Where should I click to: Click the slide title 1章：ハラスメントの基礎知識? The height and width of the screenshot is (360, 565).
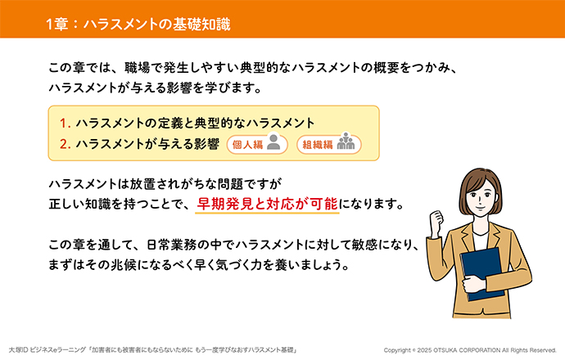[138, 24]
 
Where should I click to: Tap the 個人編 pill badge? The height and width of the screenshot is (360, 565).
[257, 144]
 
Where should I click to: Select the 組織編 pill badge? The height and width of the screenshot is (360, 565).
[328, 144]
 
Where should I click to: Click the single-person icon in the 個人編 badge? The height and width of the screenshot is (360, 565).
[273, 142]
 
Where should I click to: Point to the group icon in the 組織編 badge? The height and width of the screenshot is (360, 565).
[346, 141]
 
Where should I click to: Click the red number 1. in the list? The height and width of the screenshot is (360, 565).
[65, 124]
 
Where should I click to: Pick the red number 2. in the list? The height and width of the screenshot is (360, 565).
[65, 144]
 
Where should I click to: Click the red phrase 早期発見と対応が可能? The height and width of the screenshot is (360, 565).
[267, 204]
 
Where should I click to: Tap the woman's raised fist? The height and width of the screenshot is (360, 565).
[436, 221]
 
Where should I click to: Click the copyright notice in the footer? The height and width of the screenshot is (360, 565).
[470, 350]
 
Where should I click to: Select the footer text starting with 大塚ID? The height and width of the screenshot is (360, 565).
[152, 350]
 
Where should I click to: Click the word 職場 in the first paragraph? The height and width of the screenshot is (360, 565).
[137, 68]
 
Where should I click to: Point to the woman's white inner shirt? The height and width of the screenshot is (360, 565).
[481, 241]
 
